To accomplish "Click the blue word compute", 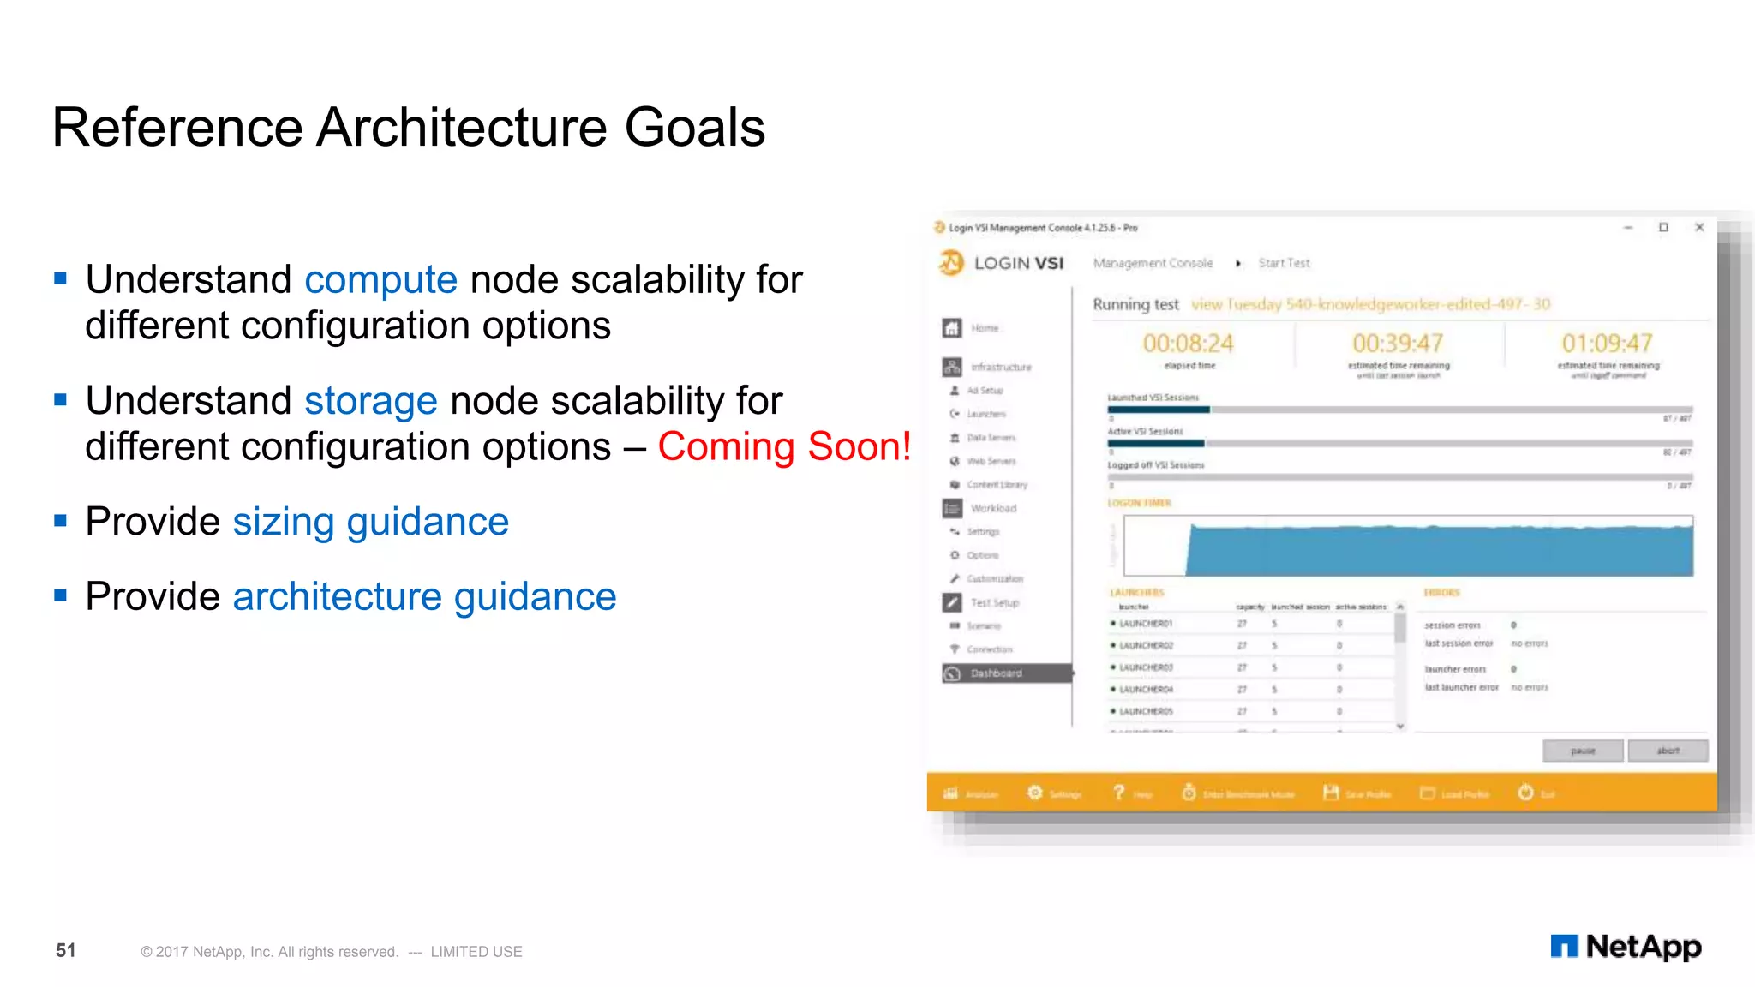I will pos(380,281).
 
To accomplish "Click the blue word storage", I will pos(370,402).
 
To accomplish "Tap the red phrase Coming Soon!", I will pos(784,447).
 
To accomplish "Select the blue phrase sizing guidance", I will pos(370,523).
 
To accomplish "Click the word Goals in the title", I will pos(694,128).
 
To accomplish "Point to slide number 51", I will pos(66,950).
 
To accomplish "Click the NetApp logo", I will pos(1626,947).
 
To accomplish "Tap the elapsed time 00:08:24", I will pos(1188,344).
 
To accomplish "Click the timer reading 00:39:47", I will pos(1398,344).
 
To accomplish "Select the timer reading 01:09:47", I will pos(1607,344).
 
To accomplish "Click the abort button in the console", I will pos(1668,751).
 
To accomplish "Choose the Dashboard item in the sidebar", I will pos(996,673).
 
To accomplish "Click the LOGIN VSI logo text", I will pos(1018,264).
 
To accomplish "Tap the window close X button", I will pos(1699,228).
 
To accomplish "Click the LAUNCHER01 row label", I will pos(1145,624).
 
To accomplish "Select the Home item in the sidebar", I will pos(985,328).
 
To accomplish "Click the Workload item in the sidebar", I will pos(993,509).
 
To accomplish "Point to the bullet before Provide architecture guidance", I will pos(60,595).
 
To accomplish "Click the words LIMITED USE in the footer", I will pos(476,952).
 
